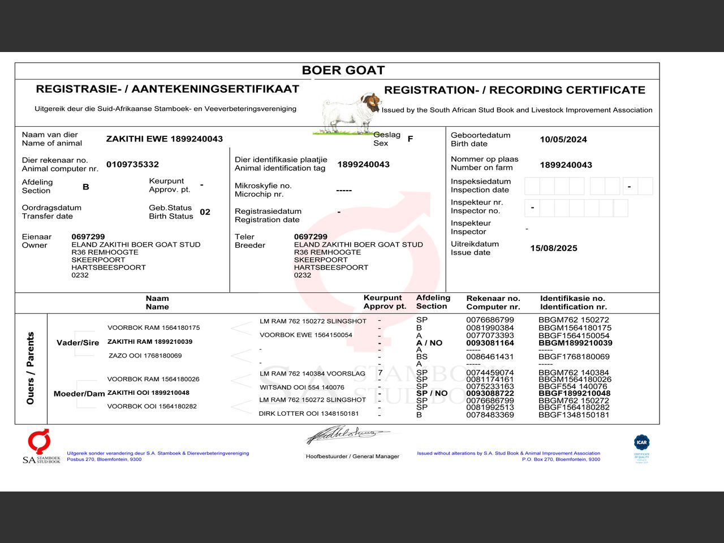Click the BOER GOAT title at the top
click(x=343, y=70)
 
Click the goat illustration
click(x=346, y=113)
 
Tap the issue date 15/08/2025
click(x=553, y=248)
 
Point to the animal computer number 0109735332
click(x=132, y=165)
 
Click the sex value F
click(x=410, y=139)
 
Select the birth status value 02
click(x=205, y=212)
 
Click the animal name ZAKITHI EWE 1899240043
click(x=164, y=139)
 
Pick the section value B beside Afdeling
click(x=85, y=187)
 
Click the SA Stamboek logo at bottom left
click(x=41, y=447)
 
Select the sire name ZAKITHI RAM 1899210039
click(x=149, y=342)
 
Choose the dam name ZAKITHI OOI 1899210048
click(x=148, y=393)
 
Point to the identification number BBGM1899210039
click(x=575, y=343)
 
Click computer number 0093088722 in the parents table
click(x=490, y=393)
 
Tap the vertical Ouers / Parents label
click(x=31, y=368)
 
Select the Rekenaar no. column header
click(x=493, y=303)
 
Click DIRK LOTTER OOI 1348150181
click(x=308, y=413)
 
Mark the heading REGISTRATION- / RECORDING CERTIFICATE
click(x=514, y=90)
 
